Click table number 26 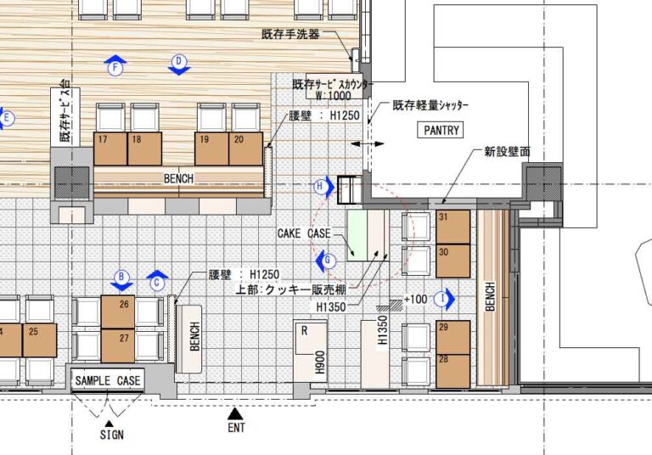pyautogui.click(x=118, y=311)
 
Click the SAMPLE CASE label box pyautogui.click(x=107, y=380)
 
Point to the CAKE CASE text pyautogui.click(x=303, y=233)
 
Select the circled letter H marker pyautogui.click(x=320, y=185)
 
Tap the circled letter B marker pyautogui.click(x=121, y=277)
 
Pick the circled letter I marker pyautogui.click(x=441, y=298)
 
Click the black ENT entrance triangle pyautogui.click(x=237, y=413)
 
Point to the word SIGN pyautogui.click(x=111, y=435)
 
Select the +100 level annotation pyautogui.click(x=416, y=300)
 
